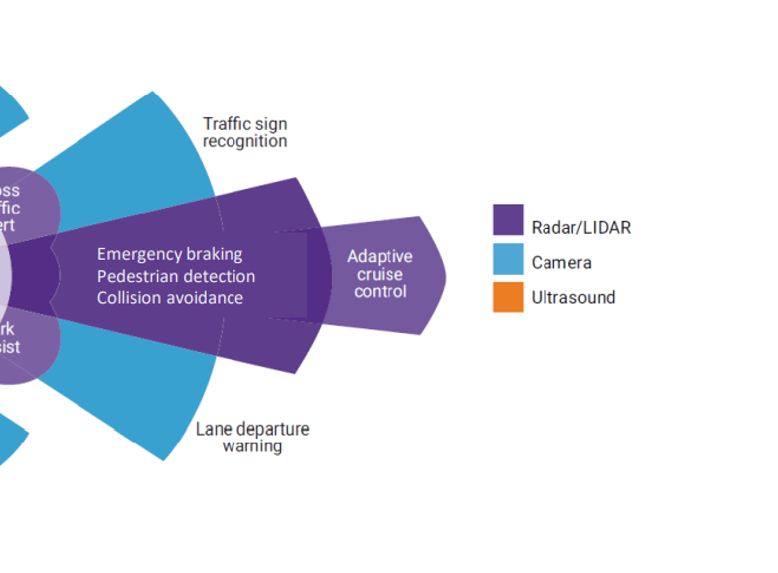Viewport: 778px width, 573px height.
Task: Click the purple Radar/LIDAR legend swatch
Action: coord(508,226)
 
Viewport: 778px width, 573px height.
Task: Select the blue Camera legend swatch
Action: coord(508,262)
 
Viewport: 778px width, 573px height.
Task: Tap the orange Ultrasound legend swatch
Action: coord(508,297)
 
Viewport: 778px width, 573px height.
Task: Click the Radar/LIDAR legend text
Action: coord(580,227)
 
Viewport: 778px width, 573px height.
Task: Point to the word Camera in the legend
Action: coord(561,263)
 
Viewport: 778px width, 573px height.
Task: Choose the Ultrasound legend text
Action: coord(573,297)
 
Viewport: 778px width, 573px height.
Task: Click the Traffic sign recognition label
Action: coord(245,132)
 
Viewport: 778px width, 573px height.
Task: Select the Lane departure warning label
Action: coord(251,437)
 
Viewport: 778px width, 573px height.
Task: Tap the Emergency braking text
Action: coord(169,254)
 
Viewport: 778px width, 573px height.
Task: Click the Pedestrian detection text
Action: coord(176,276)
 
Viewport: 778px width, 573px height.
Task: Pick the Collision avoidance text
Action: coord(170,297)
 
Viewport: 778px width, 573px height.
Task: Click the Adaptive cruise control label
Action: coord(380,274)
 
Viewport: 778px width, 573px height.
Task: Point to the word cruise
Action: coord(380,274)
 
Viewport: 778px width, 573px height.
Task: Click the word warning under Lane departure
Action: coord(251,446)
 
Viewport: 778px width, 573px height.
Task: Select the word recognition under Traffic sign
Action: coord(245,141)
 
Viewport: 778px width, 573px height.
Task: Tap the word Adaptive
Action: coord(380,256)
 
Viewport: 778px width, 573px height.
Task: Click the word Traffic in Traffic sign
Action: coord(225,123)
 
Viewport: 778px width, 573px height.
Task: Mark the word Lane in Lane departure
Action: coord(213,429)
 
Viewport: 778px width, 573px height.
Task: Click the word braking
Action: coord(215,254)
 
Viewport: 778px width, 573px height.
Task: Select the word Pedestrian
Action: coord(137,276)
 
